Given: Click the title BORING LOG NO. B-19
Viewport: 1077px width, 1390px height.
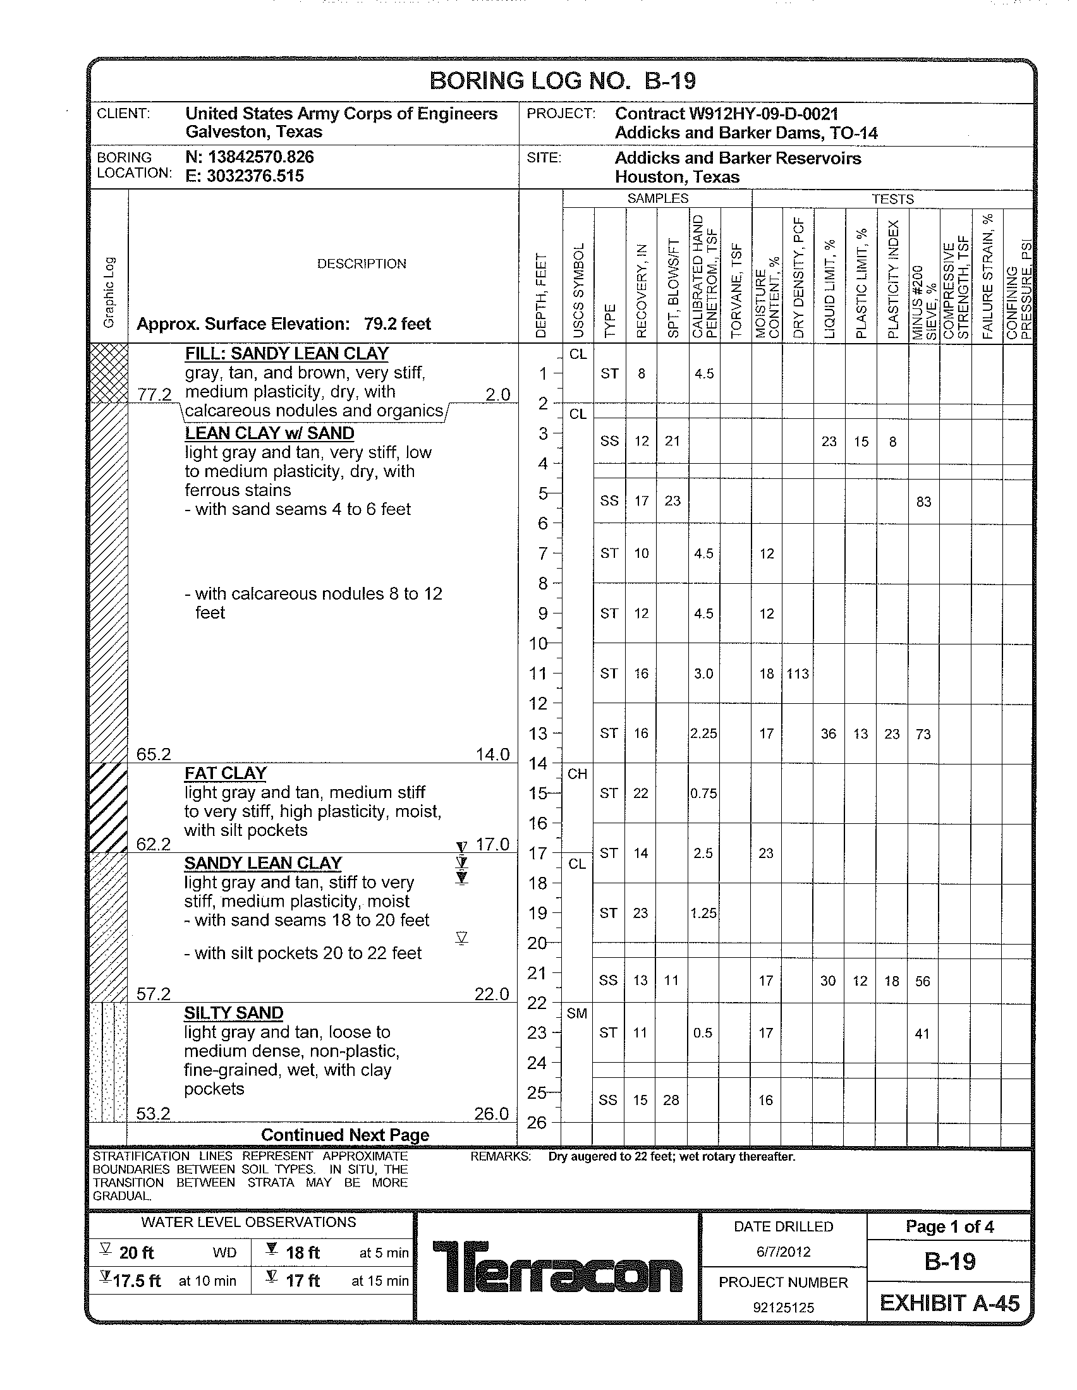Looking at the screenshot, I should [563, 82].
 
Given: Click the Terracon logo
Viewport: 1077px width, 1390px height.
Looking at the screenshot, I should [557, 1267].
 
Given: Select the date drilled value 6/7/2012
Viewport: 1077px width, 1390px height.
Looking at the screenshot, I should [783, 1252].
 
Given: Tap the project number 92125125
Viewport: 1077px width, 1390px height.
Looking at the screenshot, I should [783, 1307].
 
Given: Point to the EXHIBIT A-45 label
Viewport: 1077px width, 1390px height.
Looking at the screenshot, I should [949, 1303].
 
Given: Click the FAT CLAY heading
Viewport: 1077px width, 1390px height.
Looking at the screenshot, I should [226, 773].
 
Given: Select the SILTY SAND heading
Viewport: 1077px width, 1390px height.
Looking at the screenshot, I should [234, 1013].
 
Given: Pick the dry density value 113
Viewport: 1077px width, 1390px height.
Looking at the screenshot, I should [798, 674].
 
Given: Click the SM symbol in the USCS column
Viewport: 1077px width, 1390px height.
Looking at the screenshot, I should [576, 1013].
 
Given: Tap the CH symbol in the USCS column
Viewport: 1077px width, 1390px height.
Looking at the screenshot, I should [576, 774].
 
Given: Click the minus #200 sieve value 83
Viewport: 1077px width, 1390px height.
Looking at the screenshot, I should [923, 502].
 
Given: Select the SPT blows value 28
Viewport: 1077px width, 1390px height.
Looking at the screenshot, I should [671, 1100].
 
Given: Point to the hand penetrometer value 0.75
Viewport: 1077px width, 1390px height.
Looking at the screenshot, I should [703, 794].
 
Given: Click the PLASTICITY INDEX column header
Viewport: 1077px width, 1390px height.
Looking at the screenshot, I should [892, 279].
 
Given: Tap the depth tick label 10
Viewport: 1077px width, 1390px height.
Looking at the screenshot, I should [538, 643].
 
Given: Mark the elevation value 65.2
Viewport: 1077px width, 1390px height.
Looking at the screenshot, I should [154, 754].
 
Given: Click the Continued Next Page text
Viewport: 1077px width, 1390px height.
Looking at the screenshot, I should [345, 1135].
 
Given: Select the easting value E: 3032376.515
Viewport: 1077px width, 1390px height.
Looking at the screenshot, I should [245, 176].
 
